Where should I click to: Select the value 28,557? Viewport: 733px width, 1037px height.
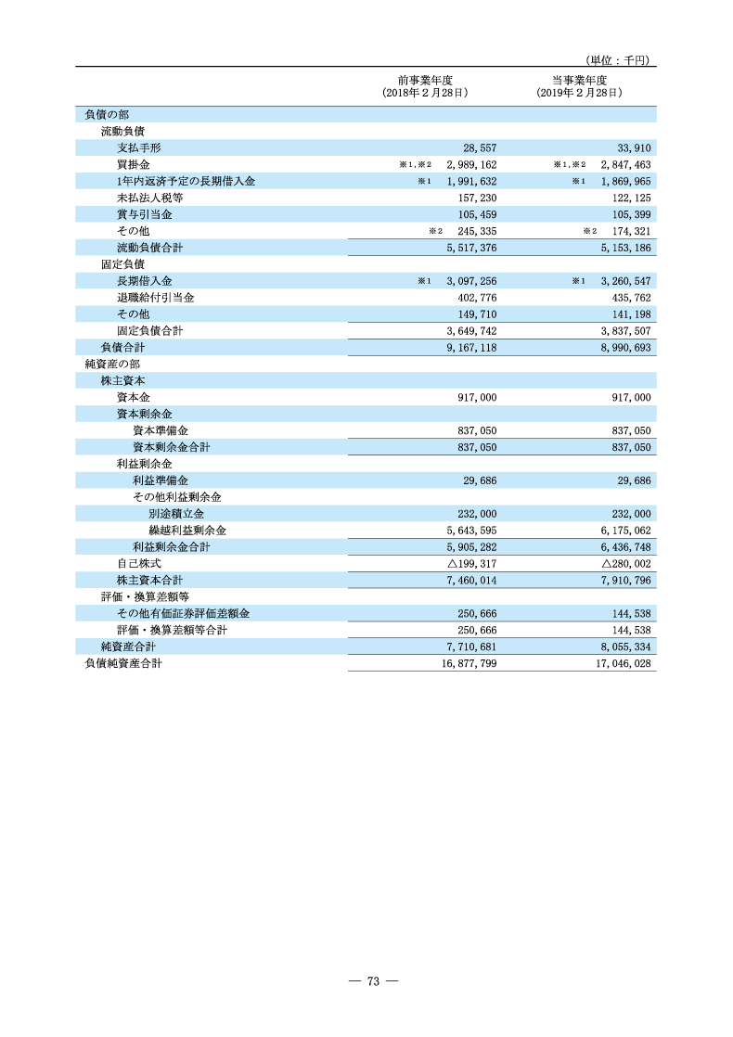[x=480, y=147]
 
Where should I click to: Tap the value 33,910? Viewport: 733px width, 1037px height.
[x=635, y=147]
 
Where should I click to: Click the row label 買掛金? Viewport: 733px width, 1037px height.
[x=128, y=164]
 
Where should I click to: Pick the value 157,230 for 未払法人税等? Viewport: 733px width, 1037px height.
[x=477, y=198]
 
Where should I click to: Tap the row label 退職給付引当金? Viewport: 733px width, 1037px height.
[x=155, y=298]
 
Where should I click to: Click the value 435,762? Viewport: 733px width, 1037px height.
[x=631, y=298]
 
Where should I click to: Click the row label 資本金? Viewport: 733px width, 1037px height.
[x=128, y=397]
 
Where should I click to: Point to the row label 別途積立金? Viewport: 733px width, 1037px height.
[x=176, y=514]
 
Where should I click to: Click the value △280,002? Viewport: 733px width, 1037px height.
[x=626, y=564]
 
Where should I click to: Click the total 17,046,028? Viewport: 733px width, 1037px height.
[x=624, y=664]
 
